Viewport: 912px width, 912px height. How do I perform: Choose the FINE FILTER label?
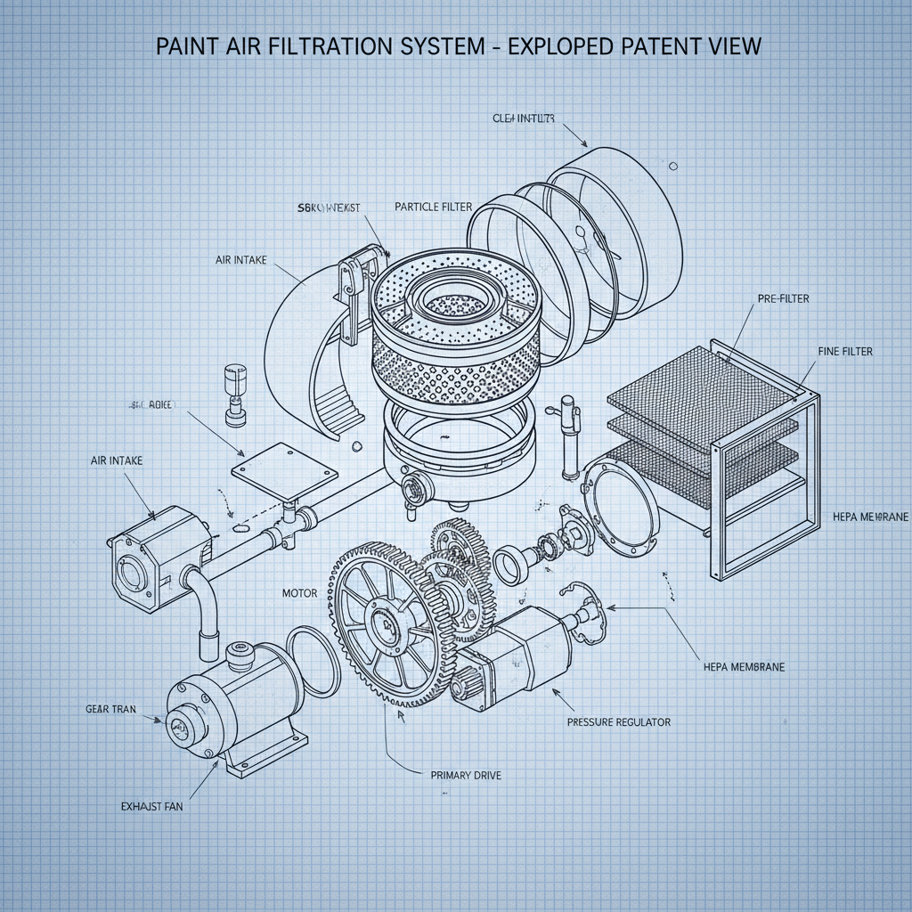[x=844, y=352]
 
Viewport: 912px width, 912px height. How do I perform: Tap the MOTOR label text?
[x=299, y=592]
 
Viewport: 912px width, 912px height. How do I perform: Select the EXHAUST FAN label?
[x=157, y=806]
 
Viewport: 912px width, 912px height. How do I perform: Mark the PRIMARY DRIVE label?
[x=466, y=775]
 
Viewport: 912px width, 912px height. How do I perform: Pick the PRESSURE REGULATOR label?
[x=618, y=721]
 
